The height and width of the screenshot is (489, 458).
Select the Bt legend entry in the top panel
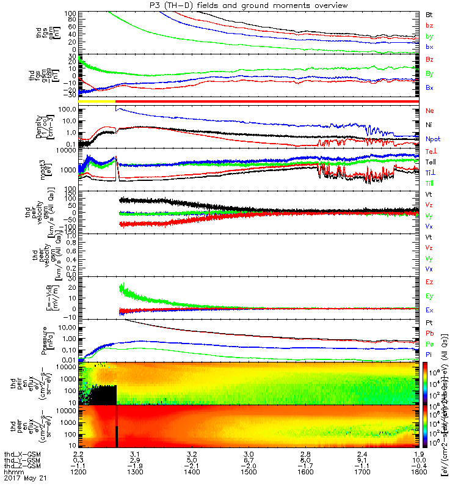(430, 13)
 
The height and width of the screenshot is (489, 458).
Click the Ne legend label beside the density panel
(430, 111)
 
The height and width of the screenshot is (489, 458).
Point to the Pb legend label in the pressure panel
(430, 334)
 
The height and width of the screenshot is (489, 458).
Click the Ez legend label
(430, 282)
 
